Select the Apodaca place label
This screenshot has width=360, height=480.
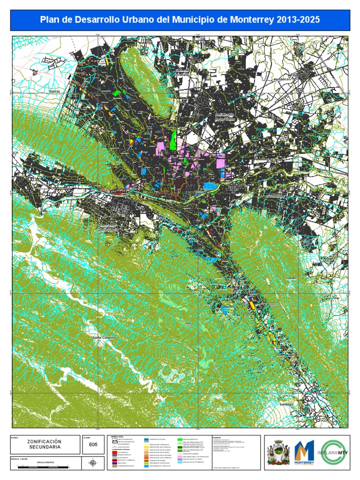283,80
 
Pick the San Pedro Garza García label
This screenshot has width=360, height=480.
109,227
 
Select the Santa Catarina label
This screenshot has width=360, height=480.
104,337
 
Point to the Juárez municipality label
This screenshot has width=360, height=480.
292,277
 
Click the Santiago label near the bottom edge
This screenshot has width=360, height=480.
286,404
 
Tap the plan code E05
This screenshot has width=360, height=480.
92,447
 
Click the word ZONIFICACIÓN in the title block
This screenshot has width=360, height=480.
44,442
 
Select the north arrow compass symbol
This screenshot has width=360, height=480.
93,464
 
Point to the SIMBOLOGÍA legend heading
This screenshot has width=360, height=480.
117,436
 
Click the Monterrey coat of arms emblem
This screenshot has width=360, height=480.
277,453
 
